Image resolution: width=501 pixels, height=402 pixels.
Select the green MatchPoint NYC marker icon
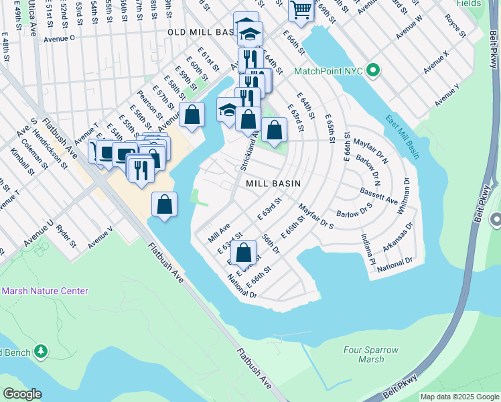374,70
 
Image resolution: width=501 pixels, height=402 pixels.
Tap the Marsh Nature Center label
44,291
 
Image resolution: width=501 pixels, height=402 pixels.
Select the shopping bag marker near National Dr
244,253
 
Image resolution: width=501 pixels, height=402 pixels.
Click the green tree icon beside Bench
41,350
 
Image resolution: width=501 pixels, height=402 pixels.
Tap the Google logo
21,394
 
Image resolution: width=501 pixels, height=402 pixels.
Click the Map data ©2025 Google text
459,397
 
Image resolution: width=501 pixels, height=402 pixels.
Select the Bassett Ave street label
379,195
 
